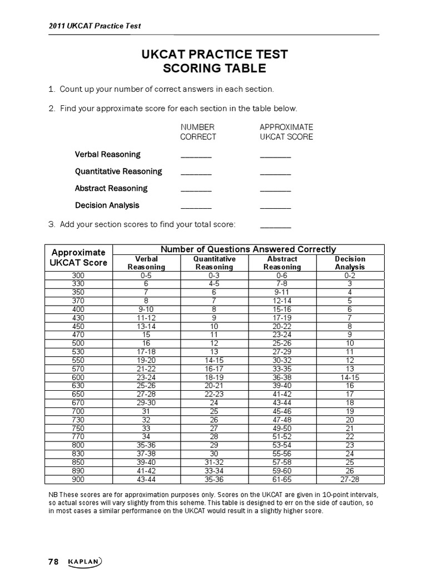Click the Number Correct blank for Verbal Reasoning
[x=196, y=156]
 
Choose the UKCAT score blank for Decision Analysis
[x=275, y=207]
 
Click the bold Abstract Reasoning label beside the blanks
[x=111, y=188]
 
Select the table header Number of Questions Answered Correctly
[x=248, y=249]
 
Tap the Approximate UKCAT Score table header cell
[x=78, y=257]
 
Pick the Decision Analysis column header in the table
[x=350, y=263]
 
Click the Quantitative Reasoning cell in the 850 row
[x=214, y=462]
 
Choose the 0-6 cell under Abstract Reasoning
[x=282, y=274]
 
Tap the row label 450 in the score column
[x=78, y=326]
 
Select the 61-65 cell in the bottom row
[x=282, y=478]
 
